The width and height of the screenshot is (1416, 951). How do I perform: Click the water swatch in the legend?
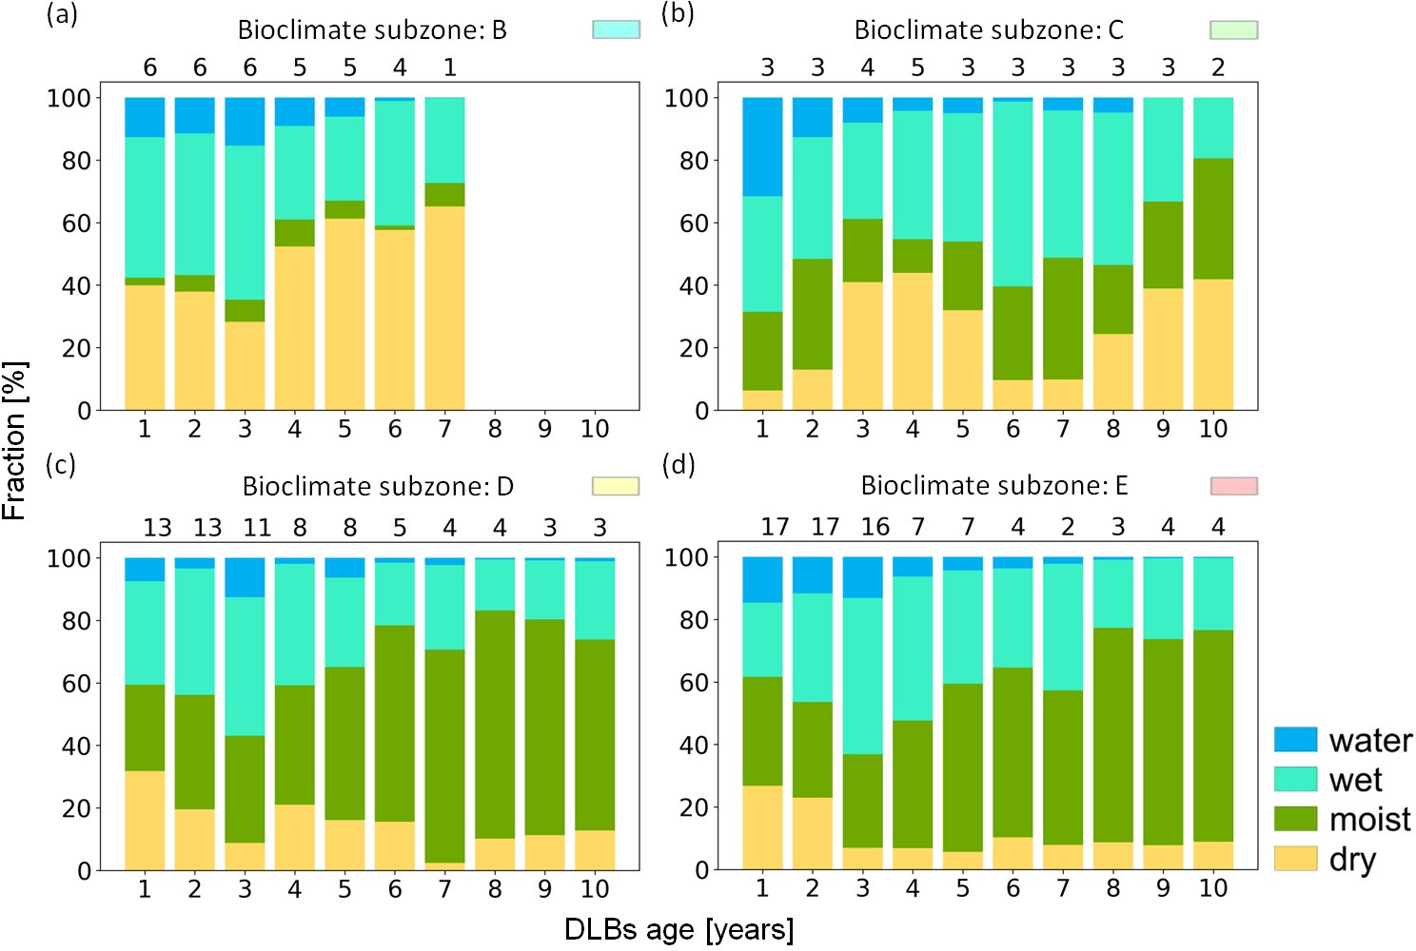coord(1295,740)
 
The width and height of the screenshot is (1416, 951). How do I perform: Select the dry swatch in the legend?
coord(1295,859)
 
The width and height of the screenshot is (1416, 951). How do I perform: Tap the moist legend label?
coord(1369,819)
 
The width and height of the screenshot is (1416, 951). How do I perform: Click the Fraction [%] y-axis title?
coord(15,440)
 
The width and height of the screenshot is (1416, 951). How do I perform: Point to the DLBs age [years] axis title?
coord(678,929)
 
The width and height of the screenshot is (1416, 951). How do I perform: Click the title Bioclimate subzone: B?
coord(372,30)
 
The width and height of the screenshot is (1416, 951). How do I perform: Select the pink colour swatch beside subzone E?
coord(1233,486)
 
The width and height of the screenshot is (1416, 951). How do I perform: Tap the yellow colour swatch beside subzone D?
coord(616,486)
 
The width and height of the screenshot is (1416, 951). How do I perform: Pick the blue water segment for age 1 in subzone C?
coord(762,146)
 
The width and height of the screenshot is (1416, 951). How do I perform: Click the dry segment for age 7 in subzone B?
coord(444,308)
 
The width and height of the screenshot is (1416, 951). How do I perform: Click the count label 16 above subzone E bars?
coord(875,527)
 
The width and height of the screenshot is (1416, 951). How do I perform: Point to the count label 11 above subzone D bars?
coord(257,528)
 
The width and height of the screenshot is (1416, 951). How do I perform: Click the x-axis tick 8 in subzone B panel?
coord(495,429)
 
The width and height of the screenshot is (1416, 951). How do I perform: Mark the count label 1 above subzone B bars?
coord(450,68)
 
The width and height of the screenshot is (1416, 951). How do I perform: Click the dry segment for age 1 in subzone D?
coord(145,820)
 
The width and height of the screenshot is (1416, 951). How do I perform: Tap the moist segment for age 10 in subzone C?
coord(1213,219)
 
